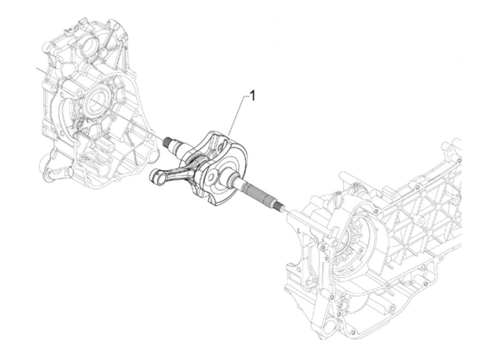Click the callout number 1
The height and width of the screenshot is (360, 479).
(x=253, y=96)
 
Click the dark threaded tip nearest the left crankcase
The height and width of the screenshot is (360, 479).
(x=167, y=141)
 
